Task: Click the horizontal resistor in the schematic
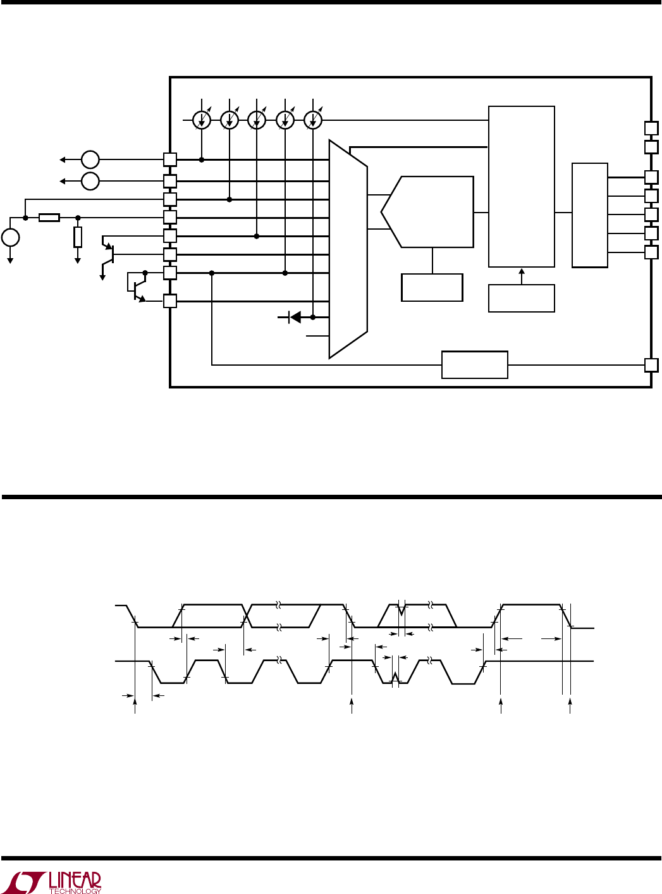[49, 218]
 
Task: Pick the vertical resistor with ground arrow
[78, 237]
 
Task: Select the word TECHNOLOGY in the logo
[75, 890]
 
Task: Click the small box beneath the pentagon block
[432, 287]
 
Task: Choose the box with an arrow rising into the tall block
[522, 298]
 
